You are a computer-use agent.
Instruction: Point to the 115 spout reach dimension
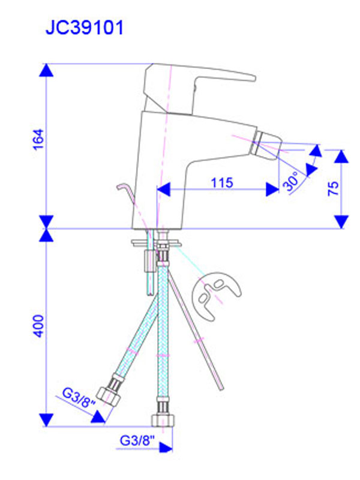(x=222, y=182)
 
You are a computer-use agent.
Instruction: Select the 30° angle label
(x=292, y=182)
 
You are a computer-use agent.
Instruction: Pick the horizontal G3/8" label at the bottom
(x=137, y=440)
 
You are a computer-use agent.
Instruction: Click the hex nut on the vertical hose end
(x=163, y=420)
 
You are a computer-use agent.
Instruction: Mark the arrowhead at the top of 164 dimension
(x=47, y=70)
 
